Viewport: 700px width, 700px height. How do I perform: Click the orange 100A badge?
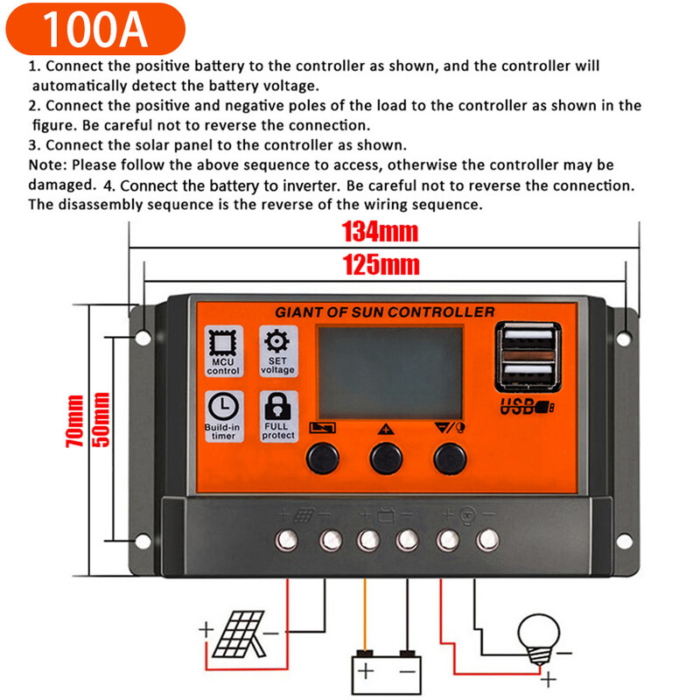[95, 29]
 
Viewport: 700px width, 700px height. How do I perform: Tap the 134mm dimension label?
[380, 233]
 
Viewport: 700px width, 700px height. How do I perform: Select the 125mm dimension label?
[380, 264]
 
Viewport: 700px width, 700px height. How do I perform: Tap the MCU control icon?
[223, 343]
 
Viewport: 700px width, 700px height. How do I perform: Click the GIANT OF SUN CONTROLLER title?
[385, 312]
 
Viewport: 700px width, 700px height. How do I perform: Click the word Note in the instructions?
[46, 164]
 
